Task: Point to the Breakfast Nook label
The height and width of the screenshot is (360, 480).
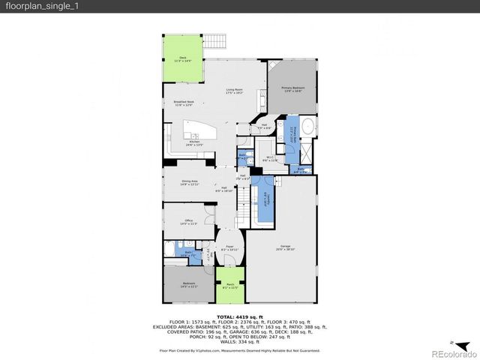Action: (184, 103)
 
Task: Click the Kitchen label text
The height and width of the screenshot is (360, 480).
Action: (194, 142)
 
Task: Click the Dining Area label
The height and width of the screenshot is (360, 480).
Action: (190, 181)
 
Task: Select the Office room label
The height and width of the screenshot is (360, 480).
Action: (187, 222)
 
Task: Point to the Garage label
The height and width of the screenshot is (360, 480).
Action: (286, 247)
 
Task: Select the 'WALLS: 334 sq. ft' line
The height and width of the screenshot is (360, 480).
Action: (240, 342)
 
